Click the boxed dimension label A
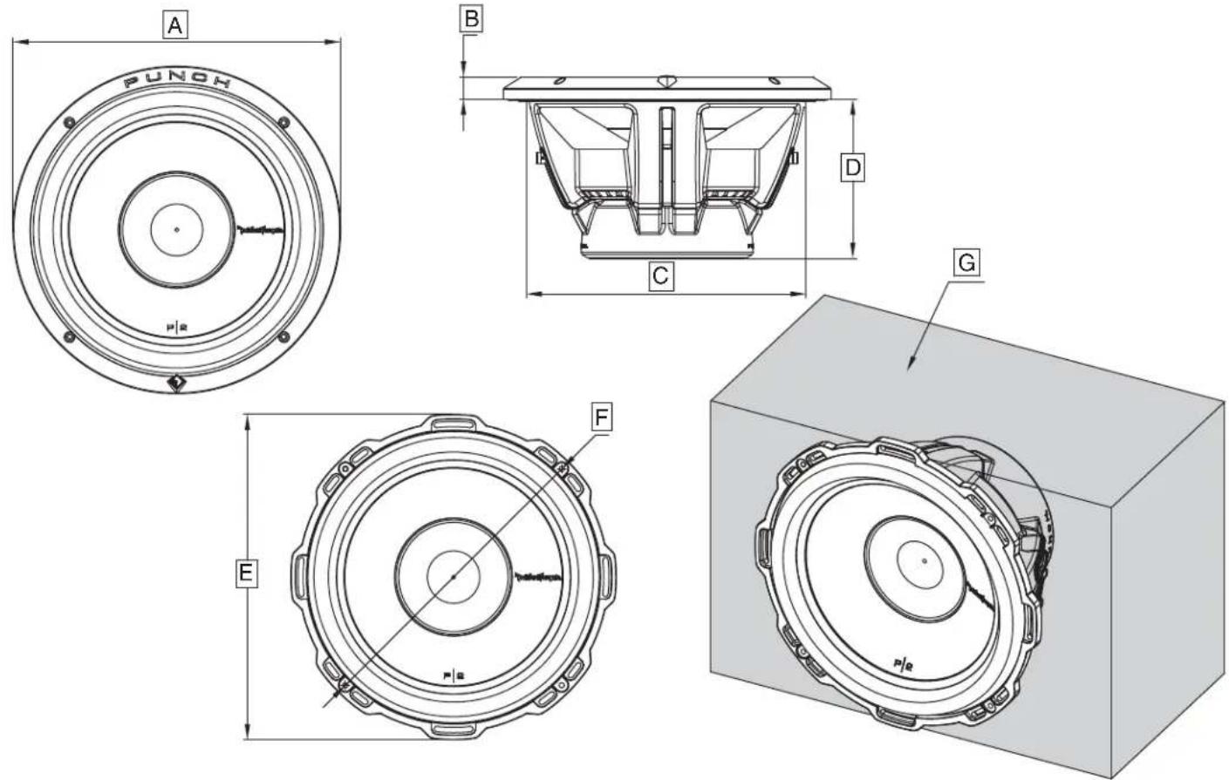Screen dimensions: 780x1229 [x=175, y=26]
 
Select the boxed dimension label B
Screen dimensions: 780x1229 [x=471, y=19]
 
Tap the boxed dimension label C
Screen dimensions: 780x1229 [x=660, y=276]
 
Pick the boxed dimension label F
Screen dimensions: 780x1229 [x=600, y=417]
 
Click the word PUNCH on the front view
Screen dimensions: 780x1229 [x=178, y=82]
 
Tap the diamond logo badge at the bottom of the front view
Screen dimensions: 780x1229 [x=176, y=383]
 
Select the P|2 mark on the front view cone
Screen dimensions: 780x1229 [x=177, y=328]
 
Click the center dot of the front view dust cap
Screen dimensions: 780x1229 [x=176, y=230]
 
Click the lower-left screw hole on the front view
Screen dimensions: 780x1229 [x=70, y=338]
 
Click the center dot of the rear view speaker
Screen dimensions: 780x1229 [x=454, y=577]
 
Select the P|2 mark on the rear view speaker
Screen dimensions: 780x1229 [x=454, y=674]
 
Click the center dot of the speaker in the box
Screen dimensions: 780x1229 [x=924, y=560]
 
